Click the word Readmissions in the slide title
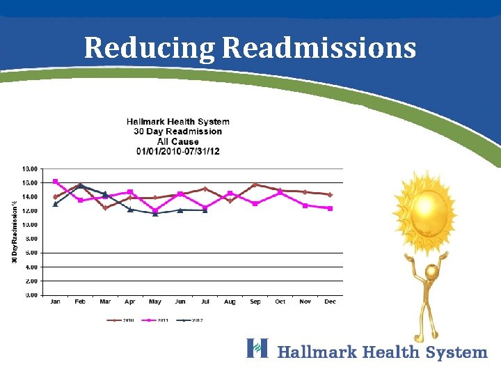point(319,49)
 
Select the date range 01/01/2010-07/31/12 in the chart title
point(177,151)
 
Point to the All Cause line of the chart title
point(177,141)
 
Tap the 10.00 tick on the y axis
point(30,225)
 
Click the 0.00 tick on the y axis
point(31,295)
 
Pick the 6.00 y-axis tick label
point(31,253)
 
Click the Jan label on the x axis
point(56,302)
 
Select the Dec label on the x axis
point(330,302)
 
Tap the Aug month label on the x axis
point(230,302)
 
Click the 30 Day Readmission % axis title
point(14,231)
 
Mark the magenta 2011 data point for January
point(56,182)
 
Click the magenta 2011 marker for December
point(330,208)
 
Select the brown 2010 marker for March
point(105,207)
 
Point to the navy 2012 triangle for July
point(205,210)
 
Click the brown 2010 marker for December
point(330,195)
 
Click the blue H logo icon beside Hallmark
point(257,347)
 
